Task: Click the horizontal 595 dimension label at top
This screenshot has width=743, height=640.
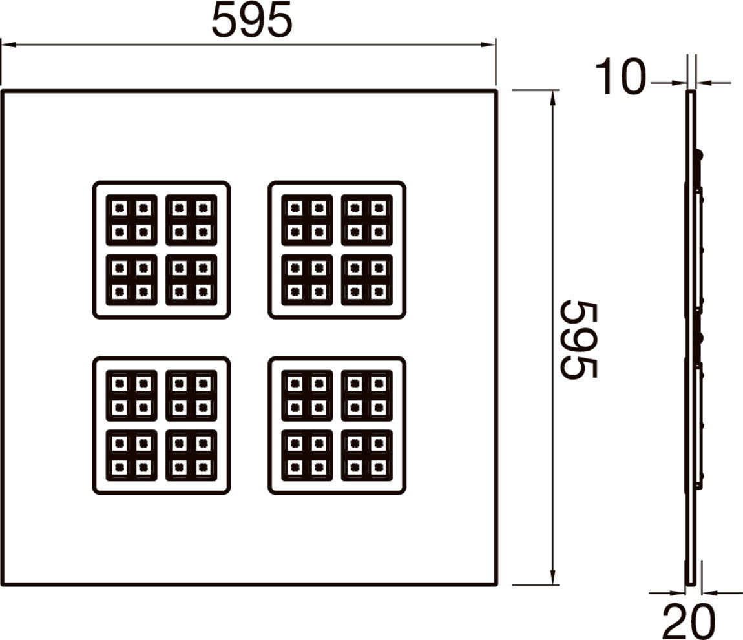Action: click(251, 21)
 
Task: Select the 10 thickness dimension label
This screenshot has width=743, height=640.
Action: click(620, 76)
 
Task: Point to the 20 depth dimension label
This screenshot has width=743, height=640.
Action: click(688, 621)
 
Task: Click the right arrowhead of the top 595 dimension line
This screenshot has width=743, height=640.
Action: click(488, 45)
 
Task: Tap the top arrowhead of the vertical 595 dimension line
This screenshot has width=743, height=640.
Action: click(552, 98)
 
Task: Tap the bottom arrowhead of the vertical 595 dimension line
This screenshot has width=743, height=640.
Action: click(552, 577)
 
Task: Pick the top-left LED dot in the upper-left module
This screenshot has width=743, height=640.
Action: click(120, 208)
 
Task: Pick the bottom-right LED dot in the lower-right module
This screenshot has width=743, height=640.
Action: click(378, 467)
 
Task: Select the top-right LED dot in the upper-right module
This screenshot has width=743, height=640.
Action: click(378, 208)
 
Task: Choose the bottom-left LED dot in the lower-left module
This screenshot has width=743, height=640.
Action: click(120, 467)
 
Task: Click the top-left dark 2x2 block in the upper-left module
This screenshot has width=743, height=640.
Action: click(131, 220)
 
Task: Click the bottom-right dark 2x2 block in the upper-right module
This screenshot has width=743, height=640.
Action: click(367, 280)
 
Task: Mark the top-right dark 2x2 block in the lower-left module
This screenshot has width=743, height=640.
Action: click(191, 395)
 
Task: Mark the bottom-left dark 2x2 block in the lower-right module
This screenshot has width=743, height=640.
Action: click(307, 455)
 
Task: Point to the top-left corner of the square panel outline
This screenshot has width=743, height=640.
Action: click(2, 91)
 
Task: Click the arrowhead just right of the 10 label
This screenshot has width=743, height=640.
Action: click(680, 83)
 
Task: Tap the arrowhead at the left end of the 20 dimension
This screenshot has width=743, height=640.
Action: click(678, 592)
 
